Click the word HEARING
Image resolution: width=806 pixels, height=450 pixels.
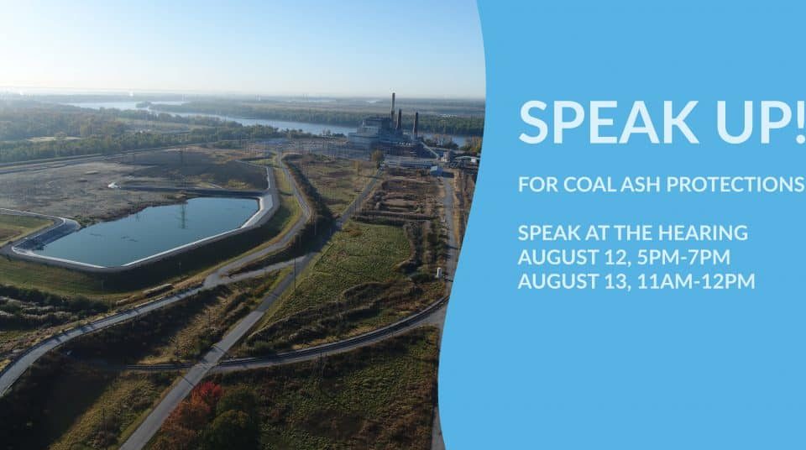[703, 233]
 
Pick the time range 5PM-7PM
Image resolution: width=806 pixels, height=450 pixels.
[683, 257]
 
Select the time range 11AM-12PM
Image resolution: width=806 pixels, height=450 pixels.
[697, 281]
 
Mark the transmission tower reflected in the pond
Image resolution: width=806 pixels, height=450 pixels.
[182, 215]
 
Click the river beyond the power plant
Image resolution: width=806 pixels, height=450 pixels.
[267, 122]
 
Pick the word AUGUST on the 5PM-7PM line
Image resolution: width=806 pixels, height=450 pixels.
[559, 257]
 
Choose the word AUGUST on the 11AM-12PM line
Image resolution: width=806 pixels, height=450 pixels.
[559, 281]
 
